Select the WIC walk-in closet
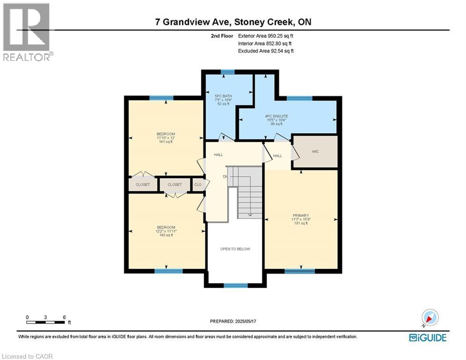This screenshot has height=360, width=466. coord(315,152)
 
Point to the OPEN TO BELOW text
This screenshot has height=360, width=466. coord(235,249)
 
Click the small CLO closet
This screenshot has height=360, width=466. coord(198,185)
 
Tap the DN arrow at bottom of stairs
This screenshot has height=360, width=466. coord(250,215)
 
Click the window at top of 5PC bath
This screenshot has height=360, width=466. coord(228,72)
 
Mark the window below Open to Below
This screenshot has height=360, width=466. coord(235,285)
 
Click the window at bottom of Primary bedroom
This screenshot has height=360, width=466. coord(300,271)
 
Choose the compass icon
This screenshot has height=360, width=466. coord(429,317)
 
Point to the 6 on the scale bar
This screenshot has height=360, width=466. coord(64,317)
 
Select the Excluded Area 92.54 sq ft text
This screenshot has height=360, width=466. coord(266,51)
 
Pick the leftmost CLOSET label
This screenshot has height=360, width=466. coord(143,185)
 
